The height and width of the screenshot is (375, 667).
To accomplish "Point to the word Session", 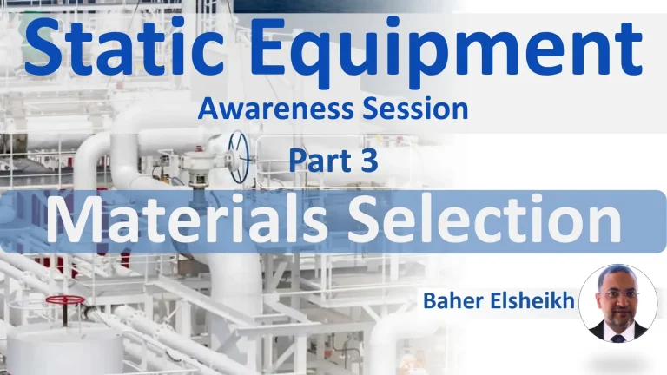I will click(x=413, y=109).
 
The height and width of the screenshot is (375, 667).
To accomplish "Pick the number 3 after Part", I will click(x=368, y=161).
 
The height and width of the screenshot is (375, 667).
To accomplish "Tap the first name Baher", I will click(x=452, y=301).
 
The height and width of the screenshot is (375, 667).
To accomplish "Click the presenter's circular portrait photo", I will click(x=617, y=303).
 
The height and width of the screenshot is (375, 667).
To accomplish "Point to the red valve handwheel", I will click(x=65, y=300).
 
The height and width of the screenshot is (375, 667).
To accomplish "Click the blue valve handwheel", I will click(x=238, y=157).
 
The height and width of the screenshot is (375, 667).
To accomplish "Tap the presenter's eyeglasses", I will click(x=617, y=293).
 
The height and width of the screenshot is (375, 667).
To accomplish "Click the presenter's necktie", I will click(x=617, y=334).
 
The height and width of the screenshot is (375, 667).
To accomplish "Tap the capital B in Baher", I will click(x=430, y=301).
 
